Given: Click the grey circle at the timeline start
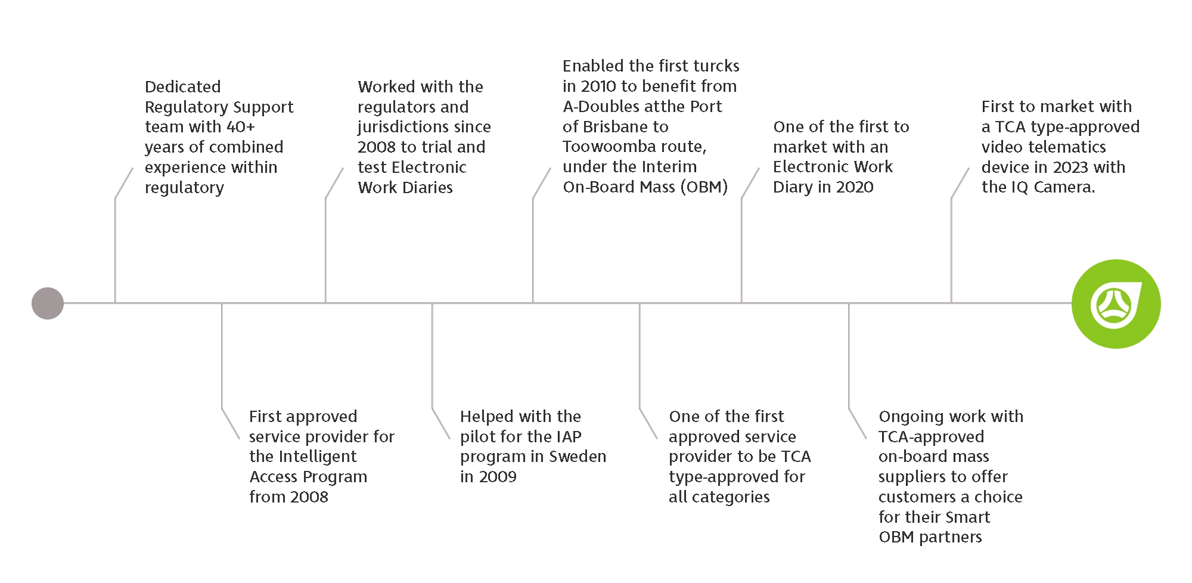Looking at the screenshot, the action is (x=48, y=303).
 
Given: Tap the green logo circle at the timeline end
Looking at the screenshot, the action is (x=1116, y=304).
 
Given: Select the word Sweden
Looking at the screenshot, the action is (x=578, y=457).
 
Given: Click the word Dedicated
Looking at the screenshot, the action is (x=183, y=87).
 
